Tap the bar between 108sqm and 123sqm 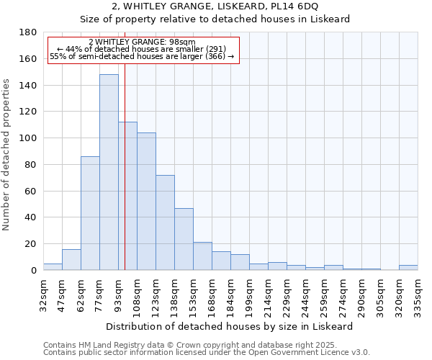pyautogui.click(x=146, y=202)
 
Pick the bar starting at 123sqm pyautogui.click(x=165, y=222)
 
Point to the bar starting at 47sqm pyautogui.click(x=71, y=260)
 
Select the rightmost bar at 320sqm pyautogui.click(x=408, y=268)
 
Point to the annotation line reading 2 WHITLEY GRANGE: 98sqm pyautogui.click(x=142, y=42)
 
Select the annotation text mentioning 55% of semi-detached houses pyautogui.click(x=142, y=56)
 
